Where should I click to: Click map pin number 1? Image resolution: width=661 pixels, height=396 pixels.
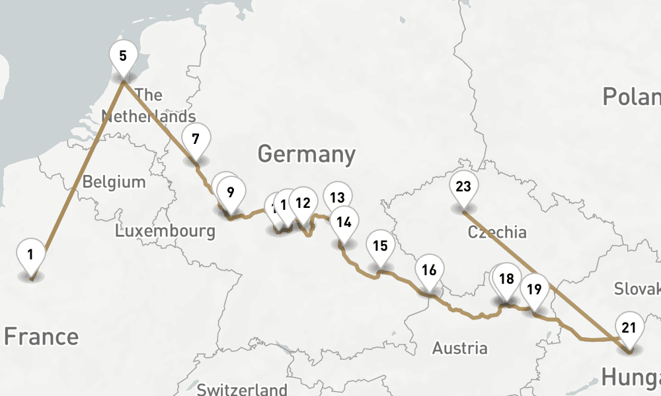pyautogui.click(x=30, y=254)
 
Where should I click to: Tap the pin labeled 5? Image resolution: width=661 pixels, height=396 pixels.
pyautogui.click(x=123, y=55)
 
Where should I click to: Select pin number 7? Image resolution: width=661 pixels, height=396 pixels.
pyautogui.click(x=195, y=139)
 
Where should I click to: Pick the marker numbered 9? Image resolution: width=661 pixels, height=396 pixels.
pyautogui.click(x=230, y=193)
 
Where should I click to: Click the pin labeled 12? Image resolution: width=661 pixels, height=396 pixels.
pyautogui.click(x=303, y=203)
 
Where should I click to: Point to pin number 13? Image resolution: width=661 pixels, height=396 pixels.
pyautogui.click(x=337, y=197)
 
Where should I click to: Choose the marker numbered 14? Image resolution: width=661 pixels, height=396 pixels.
pyautogui.click(x=344, y=222)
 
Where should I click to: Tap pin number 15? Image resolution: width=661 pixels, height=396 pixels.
pyautogui.click(x=380, y=246)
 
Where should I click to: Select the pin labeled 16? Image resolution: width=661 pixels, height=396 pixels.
pyautogui.click(x=429, y=270)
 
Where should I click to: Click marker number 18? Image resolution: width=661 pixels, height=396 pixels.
pyautogui.click(x=506, y=279)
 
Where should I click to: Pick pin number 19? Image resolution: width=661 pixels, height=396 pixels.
pyautogui.click(x=535, y=288)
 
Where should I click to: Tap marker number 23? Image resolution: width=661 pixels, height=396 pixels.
pyautogui.click(x=463, y=186)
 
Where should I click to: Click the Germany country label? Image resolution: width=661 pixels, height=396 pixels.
pyautogui.click(x=307, y=154)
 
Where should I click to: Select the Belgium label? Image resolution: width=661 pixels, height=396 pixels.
pyautogui.click(x=114, y=182)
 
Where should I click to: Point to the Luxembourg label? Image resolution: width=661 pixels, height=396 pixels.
pyautogui.click(x=165, y=231)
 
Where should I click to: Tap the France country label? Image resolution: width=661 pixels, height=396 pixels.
pyautogui.click(x=41, y=337)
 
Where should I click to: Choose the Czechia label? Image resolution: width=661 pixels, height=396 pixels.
pyautogui.click(x=497, y=232)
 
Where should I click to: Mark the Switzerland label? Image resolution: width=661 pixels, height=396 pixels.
pyautogui.click(x=242, y=389)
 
